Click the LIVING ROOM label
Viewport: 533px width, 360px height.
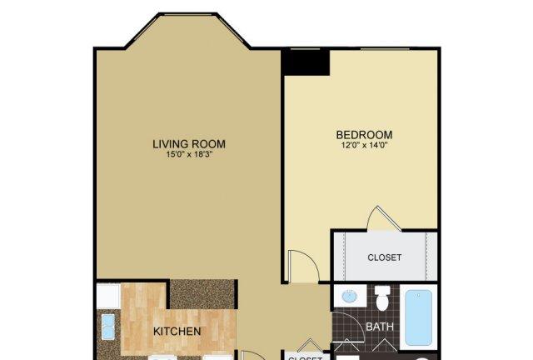click(x=189, y=144)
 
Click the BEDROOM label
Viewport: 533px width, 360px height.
click(x=364, y=134)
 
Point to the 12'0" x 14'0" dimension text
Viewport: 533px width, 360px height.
click(x=364, y=146)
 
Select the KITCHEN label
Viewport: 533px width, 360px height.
click(x=177, y=332)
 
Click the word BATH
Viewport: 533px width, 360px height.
click(x=379, y=327)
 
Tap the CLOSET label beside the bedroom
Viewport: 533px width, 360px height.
click(x=385, y=257)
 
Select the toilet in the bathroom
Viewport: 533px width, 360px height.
click(x=382, y=297)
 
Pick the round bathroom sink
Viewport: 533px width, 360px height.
click(x=350, y=297)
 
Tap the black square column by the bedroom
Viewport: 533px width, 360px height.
click(x=306, y=61)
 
